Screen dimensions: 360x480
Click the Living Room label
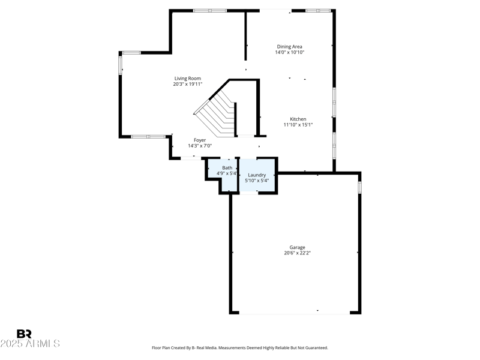pos(187,78)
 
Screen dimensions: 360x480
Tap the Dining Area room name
pos(289,46)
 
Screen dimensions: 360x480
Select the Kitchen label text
pos(298,119)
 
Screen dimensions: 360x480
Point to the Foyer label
pos(200,140)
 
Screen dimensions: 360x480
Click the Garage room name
pos(297,247)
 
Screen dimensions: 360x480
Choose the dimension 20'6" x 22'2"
pos(297,253)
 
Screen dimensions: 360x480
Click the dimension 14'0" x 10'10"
pos(289,52)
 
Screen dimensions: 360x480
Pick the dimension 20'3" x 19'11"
pos(187,84)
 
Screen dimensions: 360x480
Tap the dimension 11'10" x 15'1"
pos(298,125)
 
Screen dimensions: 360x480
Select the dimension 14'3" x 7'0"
pos(200,146)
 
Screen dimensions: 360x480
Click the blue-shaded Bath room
pos(223,180)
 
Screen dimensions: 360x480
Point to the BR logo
pos(24,334)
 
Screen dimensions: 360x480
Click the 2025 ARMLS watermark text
pos(30,344)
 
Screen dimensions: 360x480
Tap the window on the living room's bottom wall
pos(148,136)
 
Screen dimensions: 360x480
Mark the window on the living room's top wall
pos(209,10)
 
